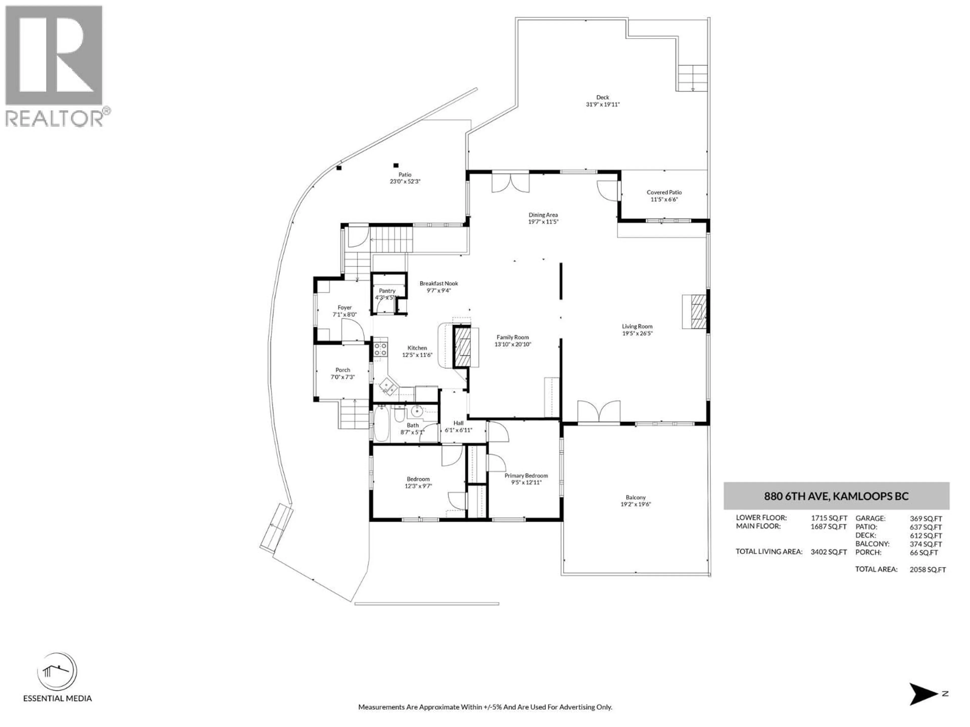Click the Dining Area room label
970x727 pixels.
543,215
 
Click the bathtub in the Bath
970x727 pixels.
381,424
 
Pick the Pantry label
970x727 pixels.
387,291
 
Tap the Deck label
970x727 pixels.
602,97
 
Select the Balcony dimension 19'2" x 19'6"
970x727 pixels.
635,504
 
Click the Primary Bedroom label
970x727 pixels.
526,476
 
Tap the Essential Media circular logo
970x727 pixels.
57,672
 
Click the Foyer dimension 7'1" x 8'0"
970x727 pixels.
345,315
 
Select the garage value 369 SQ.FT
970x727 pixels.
926,518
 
